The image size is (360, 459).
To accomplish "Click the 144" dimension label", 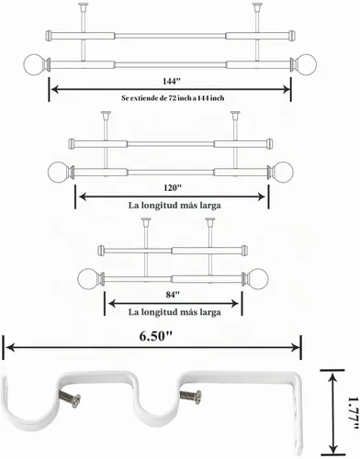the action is tap(172, 82).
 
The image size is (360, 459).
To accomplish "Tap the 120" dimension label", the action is tap(173, 187).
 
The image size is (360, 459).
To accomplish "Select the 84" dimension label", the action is tap(173, 295).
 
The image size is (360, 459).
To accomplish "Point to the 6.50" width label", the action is tap(156, 337).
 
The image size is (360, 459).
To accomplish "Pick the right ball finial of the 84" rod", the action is tap(259, 278).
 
